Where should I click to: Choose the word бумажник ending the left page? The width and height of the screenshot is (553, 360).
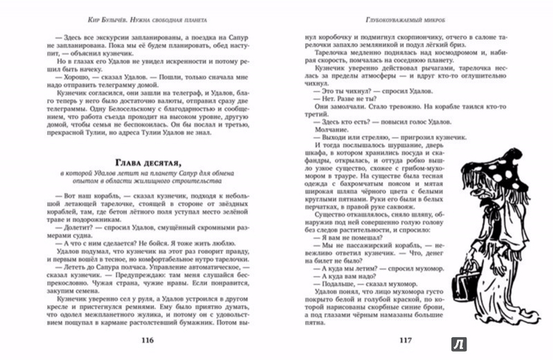pos(217,326)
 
